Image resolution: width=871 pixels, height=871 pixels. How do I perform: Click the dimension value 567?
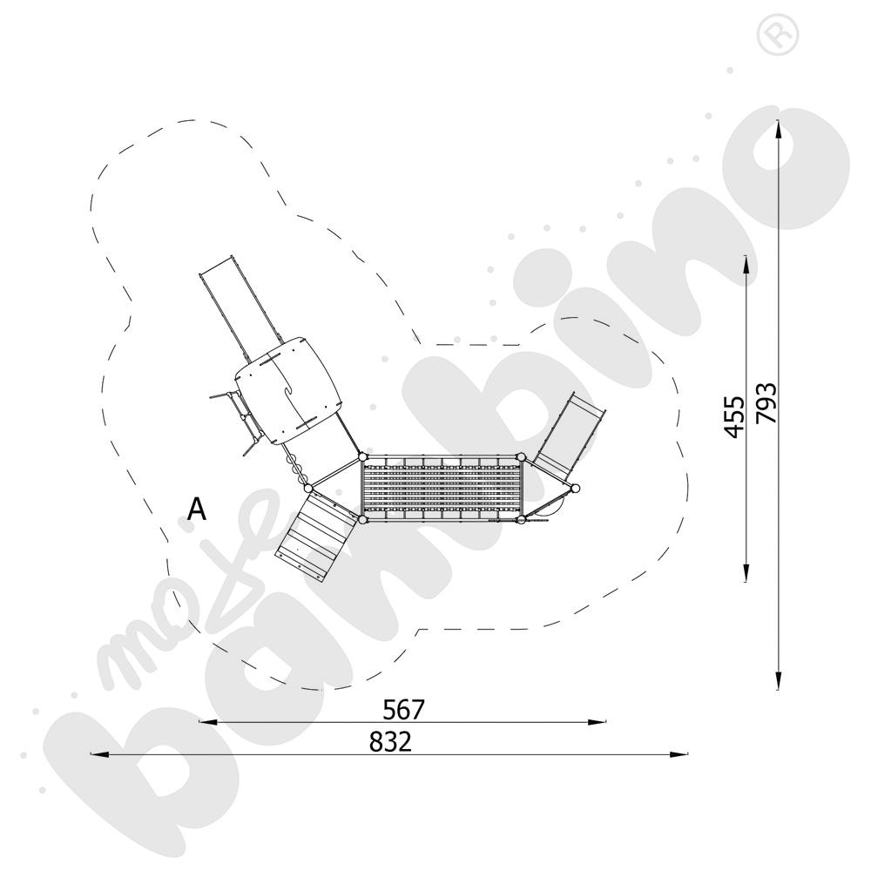pyautogui.click(x=404, y=709)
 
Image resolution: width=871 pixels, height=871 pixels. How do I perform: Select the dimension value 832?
pyautogui.click(x=391, y=741)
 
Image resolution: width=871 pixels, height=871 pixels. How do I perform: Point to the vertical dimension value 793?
pyautogui.click(x=766, y=404)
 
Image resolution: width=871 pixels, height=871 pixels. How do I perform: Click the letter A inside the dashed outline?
pyautogui.click(x=197, y=509)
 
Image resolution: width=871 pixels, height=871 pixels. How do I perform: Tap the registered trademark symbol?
pyautogui.click(x=778, y=35)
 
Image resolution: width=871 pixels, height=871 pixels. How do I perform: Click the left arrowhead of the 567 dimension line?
pyautogui.click(x=208, y=722)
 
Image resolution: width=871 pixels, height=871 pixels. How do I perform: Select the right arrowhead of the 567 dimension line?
pyautogui.click(x=597, y=722)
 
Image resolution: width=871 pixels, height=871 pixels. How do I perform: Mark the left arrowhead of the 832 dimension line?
pyautogui.click(x=99, y=754)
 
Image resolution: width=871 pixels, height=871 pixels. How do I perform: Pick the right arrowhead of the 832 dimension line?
pyautogui.click(x=679, y=754)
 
